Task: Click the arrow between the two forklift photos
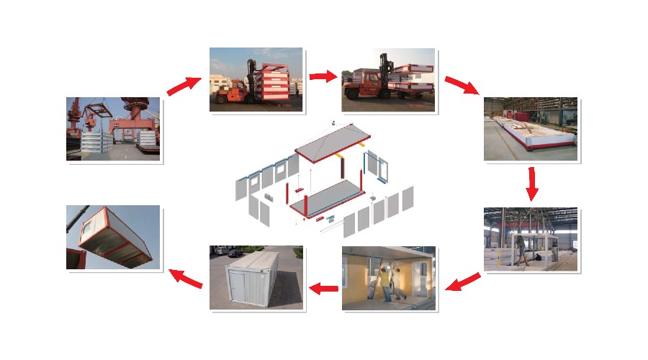(323, 76)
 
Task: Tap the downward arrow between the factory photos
(532, 184)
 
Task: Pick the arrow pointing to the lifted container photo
(185, 279)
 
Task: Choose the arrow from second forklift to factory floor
(462, 85)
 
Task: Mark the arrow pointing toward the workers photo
(463, 282)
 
